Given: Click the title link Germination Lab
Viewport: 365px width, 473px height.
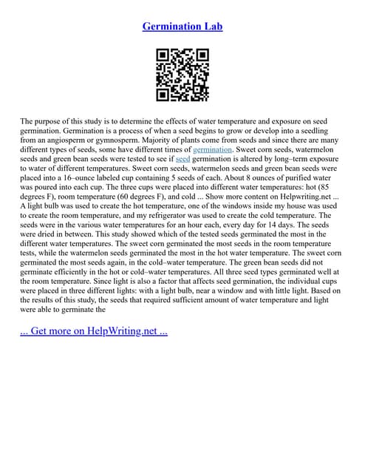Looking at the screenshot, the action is pos(182,27).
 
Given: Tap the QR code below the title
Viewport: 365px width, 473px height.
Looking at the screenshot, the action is pos(182,75).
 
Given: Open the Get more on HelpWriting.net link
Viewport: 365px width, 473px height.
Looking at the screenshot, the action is pos(94,330).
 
